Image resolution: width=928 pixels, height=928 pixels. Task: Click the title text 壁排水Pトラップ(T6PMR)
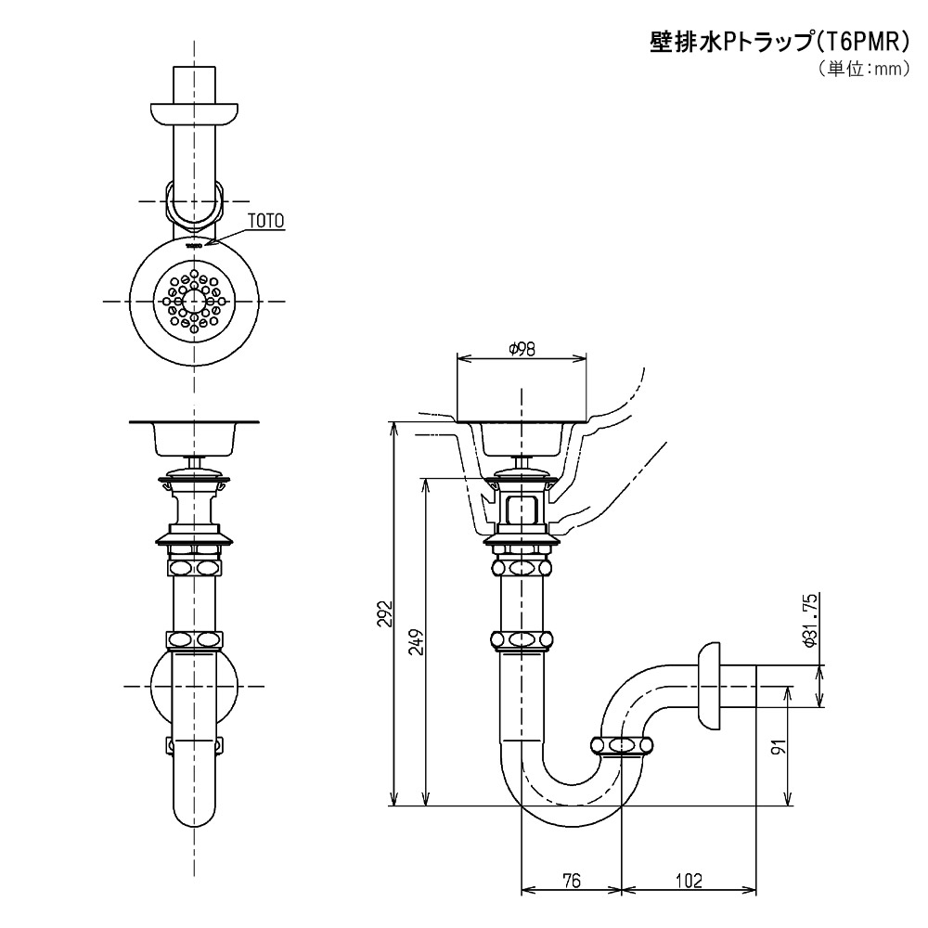tap(780, 43)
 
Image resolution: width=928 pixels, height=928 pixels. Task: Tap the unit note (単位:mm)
tap(863, 70)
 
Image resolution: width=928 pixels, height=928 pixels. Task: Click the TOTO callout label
tap(265, 222)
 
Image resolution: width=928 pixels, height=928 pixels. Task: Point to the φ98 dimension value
tap(522, 350)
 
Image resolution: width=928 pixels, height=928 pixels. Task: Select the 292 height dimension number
tap(385, 614)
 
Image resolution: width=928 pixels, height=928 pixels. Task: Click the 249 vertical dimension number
tap(418, 641)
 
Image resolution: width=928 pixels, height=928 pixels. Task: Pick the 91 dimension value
tap(780, 746)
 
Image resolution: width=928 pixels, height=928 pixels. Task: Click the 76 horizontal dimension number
tap(572, 881)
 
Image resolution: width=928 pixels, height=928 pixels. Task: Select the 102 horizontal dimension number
tap(689, 881)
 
